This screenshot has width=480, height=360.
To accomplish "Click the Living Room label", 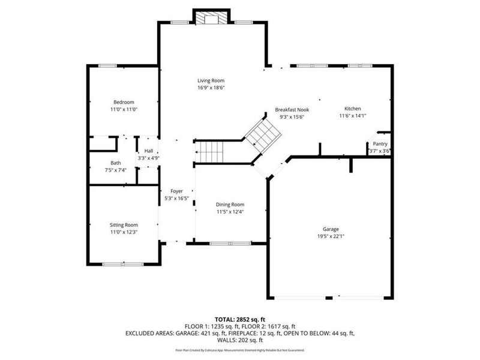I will pos(211,80).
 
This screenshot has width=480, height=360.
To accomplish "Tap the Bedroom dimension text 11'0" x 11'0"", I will pos(124,110).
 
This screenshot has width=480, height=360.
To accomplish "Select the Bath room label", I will pos(115,163).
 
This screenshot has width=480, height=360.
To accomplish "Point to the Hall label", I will pos(148,151).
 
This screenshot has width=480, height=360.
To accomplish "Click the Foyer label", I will pos(176,191).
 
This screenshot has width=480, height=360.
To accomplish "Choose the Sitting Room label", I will pos(124,224).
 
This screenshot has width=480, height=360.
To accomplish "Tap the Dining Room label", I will pos(230,204).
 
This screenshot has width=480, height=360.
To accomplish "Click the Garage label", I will pos(331,229).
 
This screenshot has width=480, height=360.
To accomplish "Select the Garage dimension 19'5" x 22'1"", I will pos(331,236).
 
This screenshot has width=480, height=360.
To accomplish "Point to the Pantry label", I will pos(380,144).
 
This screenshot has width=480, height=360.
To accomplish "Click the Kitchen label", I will pos(352,109).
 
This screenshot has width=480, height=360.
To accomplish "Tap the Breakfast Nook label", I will pos(292,110).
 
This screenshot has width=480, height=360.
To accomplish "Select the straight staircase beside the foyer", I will pos(210,152).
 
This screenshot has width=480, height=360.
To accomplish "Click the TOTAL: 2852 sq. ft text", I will pos(240,319).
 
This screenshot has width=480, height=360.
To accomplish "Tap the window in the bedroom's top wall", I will pos(107,65).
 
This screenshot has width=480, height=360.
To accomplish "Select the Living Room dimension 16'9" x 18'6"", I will pos(211,88).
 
